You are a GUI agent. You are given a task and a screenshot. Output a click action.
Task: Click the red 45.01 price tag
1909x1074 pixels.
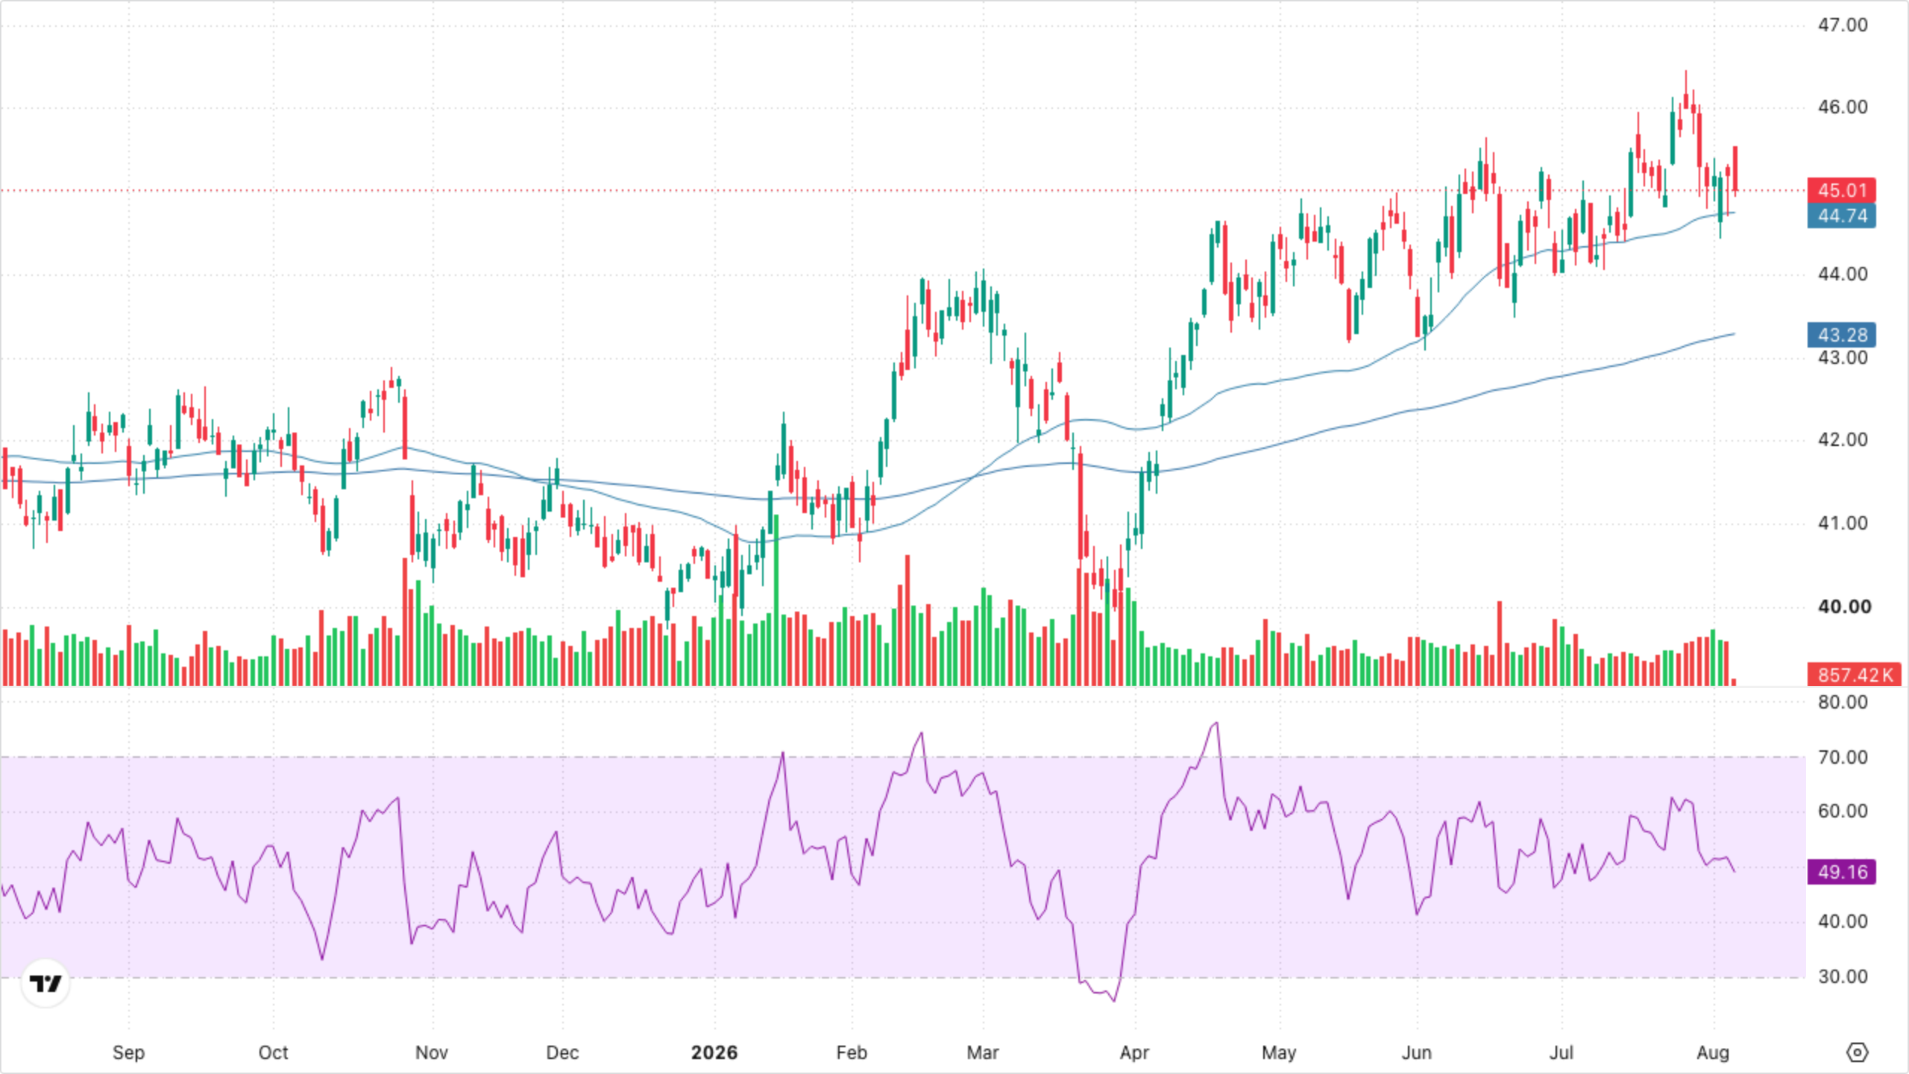tap(1841, 190)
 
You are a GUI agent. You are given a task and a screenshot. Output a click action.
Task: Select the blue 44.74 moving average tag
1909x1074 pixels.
tap(1841, 216)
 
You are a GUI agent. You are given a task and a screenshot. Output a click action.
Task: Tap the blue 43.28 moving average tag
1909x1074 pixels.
tap(1841, 335)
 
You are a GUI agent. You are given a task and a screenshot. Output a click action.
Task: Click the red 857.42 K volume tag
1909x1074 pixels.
tap(1854, 675)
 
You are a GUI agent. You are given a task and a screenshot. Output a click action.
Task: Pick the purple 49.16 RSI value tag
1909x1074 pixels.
tap(1841, 872)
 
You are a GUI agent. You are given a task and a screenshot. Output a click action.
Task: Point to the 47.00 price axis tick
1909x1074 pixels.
tap(1842, 25)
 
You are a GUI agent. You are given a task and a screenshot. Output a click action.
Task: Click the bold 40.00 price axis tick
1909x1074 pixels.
tap(1844, 607)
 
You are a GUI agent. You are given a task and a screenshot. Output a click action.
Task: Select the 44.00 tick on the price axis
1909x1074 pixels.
tap(1842, 274)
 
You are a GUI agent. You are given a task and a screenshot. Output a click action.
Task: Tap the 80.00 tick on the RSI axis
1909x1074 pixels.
tap(1842, 703)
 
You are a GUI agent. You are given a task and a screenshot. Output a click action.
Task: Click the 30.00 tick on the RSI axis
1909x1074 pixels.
tap(1842, 977)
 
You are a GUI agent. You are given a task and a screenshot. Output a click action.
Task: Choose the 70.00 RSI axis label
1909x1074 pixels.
tap(1842, 758)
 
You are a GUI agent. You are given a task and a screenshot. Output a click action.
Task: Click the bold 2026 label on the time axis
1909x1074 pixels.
tap(714, 1052)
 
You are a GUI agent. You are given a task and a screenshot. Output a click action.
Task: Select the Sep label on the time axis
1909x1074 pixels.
tap(128, 1053)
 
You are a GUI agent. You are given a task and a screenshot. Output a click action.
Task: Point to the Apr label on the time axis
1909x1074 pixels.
tap(1134, 1053)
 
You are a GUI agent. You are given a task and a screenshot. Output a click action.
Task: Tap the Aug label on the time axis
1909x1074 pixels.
tap(1712, 1053)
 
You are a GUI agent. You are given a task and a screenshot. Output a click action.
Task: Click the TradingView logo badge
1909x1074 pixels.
tap(45, 984)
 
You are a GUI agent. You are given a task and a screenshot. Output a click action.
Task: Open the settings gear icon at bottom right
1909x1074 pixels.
tap(1857, 1052)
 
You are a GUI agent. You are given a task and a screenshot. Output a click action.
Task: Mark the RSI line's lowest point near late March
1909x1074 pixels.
tap(1114, 1001)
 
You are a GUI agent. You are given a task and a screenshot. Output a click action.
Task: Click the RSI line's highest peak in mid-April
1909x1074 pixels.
tap(1217, 722)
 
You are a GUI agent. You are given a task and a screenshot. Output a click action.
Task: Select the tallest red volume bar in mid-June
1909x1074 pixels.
tap(1500, 643)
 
